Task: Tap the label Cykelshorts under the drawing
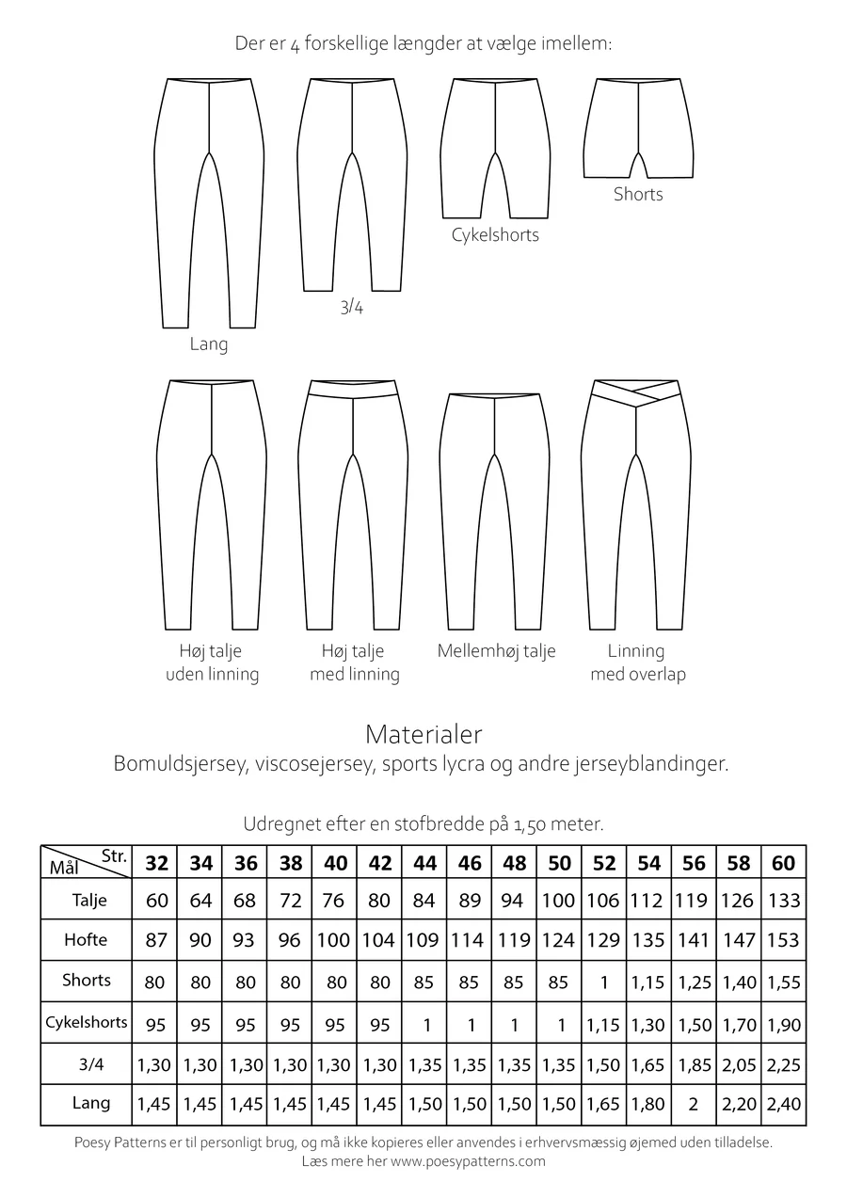(x=496, y=234)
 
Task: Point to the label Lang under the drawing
(x=209, y=344)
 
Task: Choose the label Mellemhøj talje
(x=496, y=651)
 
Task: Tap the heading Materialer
(x=423, y=733)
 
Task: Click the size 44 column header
(x=424, y=863)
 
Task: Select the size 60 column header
(x=783, y=863)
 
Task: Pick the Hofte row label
(x=86, y=939)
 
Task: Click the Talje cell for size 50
(x=558, y=901)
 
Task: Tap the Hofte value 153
(x=783, y=940)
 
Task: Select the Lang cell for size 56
(x=694, y=1104)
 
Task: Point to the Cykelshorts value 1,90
(x=783, y=1025)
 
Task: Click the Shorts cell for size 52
(x=603, y=982)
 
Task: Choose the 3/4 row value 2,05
(x=739, y=1065)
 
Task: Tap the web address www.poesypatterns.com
(x=469, y=1161)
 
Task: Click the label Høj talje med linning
(x=354, y=663)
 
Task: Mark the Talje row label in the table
(x=89, y=900)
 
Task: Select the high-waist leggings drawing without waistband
(x=211, y=503)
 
